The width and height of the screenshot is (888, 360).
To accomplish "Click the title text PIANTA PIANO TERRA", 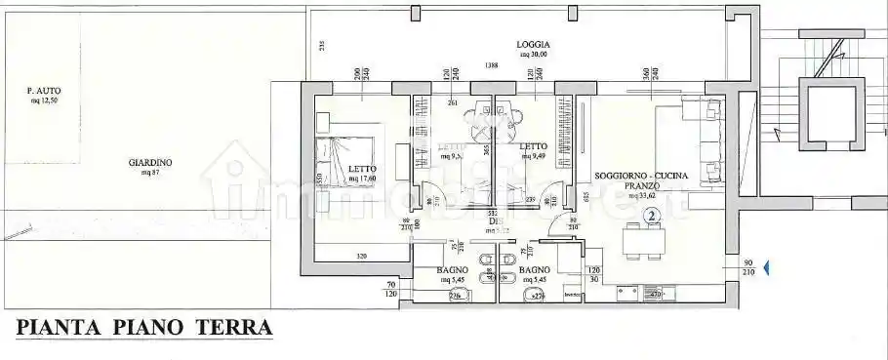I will pos(143,327).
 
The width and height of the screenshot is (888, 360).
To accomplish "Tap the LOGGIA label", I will pos(534,45).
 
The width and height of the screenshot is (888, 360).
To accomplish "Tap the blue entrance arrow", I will pos(766,265).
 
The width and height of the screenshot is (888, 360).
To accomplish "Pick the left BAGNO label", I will pos(453,269).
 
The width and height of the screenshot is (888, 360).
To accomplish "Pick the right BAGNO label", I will pos(536,269).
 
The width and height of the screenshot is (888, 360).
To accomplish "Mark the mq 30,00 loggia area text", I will pos(534,55).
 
